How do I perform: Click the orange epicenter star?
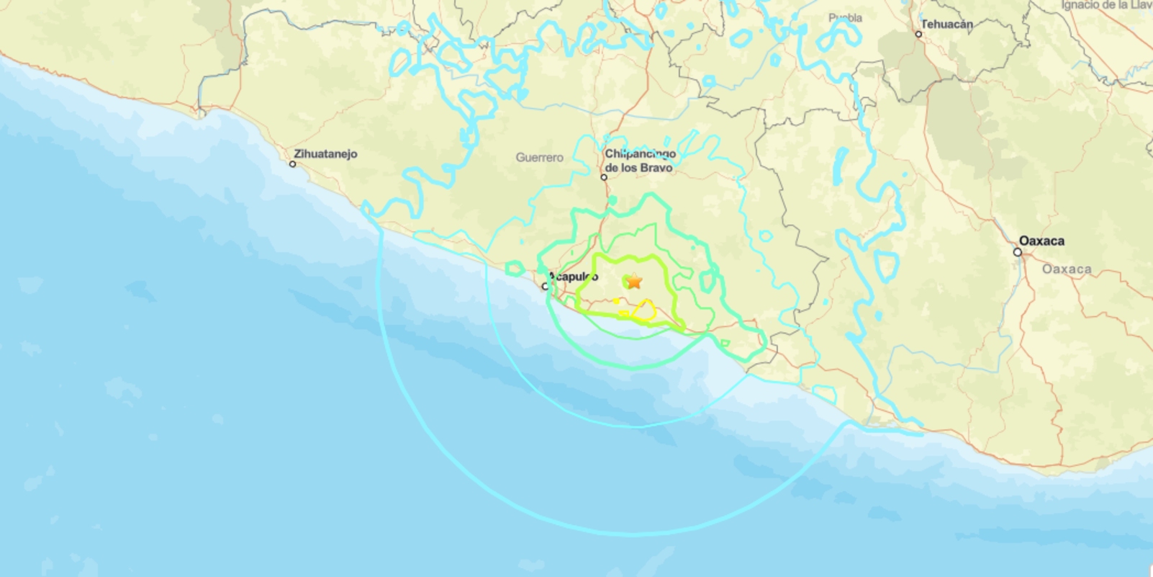pos(633,281)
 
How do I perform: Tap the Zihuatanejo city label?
pos(325,153)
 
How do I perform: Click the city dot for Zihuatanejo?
pos(292,164)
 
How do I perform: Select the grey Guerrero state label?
pos(539,157)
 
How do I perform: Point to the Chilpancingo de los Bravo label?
pos(639,161)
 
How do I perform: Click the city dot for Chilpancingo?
pos(604,177)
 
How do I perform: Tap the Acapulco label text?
pos(574,277)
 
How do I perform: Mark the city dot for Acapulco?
pos(545,287)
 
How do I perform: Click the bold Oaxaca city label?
pos(1041,241)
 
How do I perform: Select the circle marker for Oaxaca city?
pos(1017,252)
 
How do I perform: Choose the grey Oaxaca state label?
pos(1067,269)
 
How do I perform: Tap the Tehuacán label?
pos(946,24)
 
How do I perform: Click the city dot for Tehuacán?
pos(918,34)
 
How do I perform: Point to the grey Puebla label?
pos(845,18)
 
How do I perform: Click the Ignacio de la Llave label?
pos(1106,5)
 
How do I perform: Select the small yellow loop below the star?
pos(644,310)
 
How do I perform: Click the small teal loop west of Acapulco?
pos(515,269)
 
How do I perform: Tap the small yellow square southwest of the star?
pos(623,313)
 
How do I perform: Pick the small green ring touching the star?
pos(626,282)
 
